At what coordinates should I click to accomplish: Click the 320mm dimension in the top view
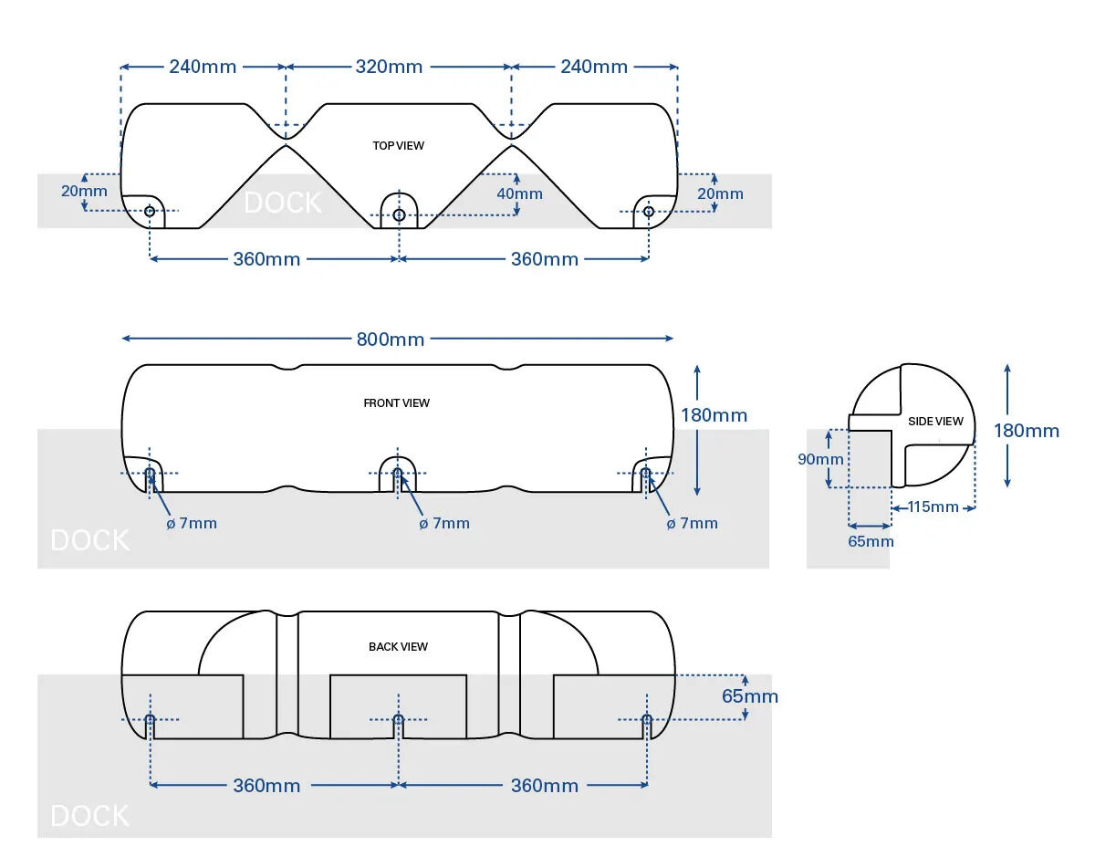point(389,67)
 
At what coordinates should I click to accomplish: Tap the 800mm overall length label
point(391,339)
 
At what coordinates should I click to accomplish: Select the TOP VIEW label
point(398,146)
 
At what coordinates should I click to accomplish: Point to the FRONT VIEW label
point(396,403)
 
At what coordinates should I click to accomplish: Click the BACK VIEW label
point(398,646)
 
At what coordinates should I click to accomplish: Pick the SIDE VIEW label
point(935,422)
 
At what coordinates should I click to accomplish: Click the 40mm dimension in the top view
point(519,194)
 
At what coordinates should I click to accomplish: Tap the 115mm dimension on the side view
point(933,507)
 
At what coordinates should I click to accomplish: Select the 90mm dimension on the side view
point(820,459)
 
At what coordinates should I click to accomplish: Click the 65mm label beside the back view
point(750,696)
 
